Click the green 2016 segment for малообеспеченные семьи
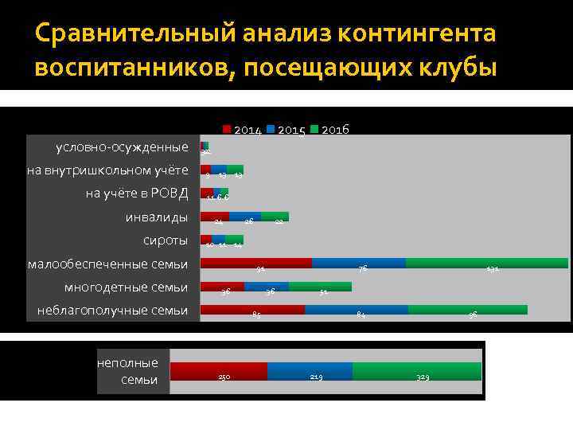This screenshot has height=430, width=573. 486,263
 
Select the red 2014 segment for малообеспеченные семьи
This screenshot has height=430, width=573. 255,263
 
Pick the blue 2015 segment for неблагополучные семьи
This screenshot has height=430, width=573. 356,310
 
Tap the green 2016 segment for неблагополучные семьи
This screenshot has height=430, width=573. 467,310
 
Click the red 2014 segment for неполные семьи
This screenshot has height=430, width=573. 219,371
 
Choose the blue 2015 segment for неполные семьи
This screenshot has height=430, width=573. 310,371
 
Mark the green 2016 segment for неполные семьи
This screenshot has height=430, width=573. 416,371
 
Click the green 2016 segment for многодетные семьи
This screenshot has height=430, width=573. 319,287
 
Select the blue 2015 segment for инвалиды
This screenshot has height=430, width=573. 244,216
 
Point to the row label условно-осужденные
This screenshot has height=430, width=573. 122,147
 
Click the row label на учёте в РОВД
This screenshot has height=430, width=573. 136,193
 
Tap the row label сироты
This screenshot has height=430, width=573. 165,240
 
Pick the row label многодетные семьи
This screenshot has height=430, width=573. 126,287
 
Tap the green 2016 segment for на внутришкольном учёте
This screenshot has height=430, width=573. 235,170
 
